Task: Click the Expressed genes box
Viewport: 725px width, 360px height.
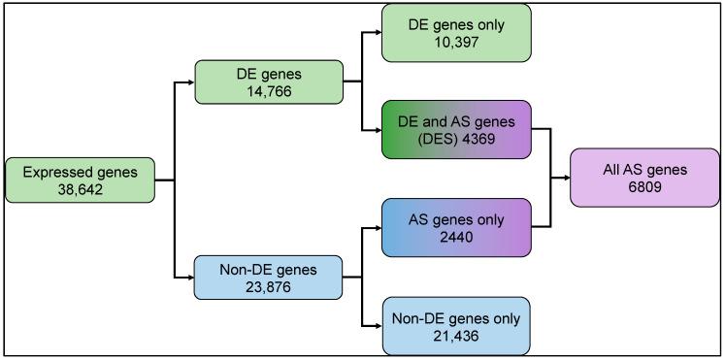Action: tap(81, 180)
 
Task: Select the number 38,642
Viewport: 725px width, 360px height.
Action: tap(81, 190)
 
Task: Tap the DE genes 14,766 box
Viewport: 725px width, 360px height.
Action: tap(269, 83)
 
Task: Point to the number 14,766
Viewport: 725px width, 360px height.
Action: tap(269, 93)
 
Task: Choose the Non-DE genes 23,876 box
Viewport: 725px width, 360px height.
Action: tap(269, 278)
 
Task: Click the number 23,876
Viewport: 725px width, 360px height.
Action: tap(269, 287)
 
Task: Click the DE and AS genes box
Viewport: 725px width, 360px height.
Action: tap(456, 128)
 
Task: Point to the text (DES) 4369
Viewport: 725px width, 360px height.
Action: tap(456, 138)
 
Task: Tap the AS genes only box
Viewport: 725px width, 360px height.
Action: tap(456, 227)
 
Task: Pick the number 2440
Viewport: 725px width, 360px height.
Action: tap(456, 237)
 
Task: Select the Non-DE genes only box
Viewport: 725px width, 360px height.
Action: tap(456, 325)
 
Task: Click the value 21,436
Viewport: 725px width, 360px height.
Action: tap(456, 335)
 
